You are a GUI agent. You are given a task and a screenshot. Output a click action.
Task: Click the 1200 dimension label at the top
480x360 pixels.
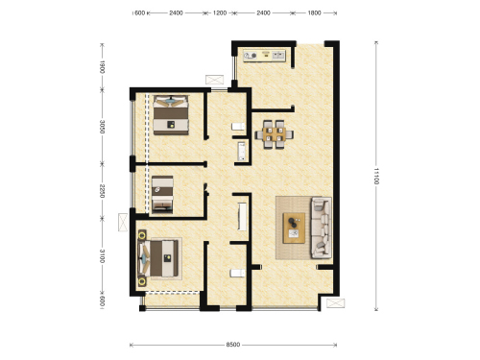point(220,13)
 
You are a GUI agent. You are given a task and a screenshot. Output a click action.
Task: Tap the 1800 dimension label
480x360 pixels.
point(314,13)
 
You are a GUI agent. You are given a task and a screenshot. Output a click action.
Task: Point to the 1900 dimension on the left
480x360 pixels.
point(102,67)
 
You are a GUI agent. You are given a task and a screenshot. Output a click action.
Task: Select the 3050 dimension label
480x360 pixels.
point(102,127)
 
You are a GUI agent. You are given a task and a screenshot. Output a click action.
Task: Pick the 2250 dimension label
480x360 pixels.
point(102,191)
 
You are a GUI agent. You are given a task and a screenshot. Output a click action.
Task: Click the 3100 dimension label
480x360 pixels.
point(102,256)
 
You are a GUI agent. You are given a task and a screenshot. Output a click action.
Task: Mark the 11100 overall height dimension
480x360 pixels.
point(376,176)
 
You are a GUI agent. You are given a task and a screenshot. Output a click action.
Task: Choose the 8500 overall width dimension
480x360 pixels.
point(233,345)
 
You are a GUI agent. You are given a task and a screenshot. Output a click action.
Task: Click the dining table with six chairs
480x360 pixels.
point(275,134)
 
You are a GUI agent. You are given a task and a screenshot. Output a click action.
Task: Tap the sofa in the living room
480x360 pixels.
point(322,228)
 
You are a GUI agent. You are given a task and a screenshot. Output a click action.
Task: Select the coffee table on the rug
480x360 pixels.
point(294,228)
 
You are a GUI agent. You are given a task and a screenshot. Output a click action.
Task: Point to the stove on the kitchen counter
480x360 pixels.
point(251,56)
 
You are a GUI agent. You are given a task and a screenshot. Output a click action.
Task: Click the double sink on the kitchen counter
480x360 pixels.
point(278,56)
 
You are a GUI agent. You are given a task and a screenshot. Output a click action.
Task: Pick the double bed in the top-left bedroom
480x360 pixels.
point(171,115)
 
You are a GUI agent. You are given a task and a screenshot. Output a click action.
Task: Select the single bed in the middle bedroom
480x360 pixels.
point(162,194)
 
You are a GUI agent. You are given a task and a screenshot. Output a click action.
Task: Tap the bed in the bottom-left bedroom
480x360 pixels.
point(157,258)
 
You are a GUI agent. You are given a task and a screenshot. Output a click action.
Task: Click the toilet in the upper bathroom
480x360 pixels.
point(238,127)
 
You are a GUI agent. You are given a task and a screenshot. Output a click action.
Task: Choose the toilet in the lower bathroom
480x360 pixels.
point(238,273)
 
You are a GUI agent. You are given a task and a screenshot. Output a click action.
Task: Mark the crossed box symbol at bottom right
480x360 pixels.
point(336,303)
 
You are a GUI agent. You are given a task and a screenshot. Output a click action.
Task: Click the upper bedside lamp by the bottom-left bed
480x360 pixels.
point(142,236)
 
